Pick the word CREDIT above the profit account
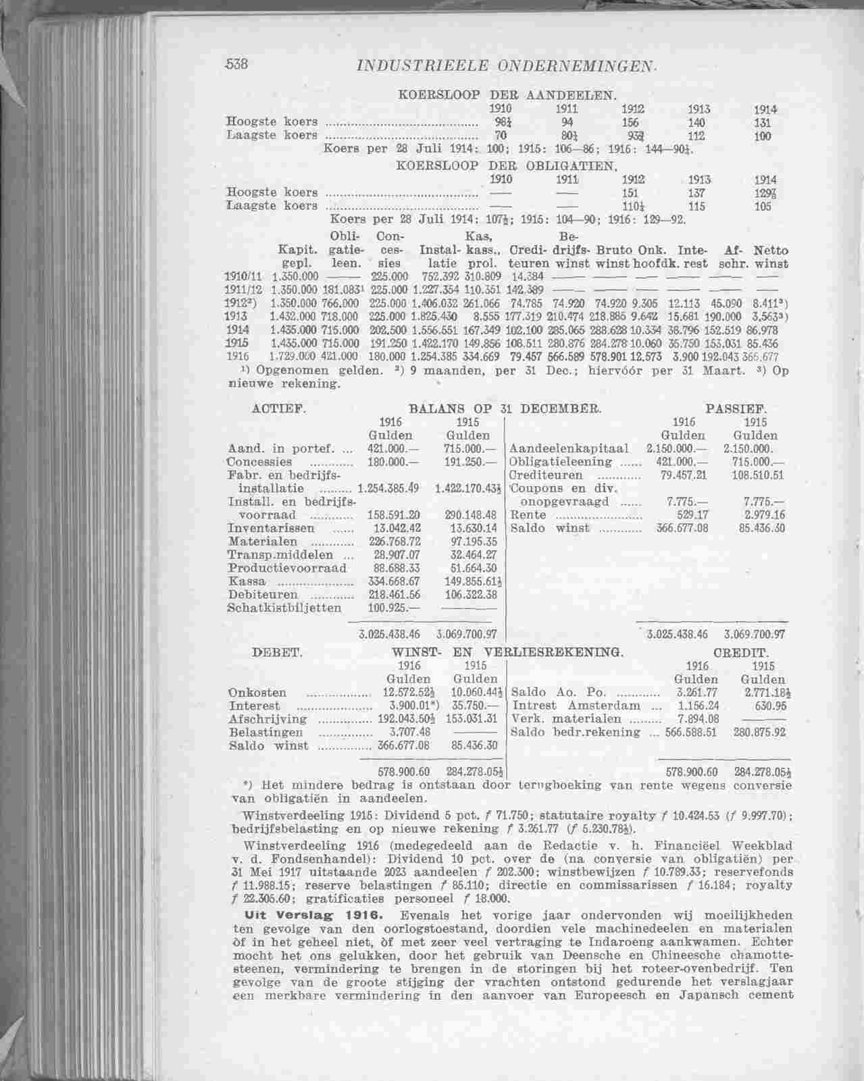coord(741,653)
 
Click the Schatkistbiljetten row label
coord(285,608)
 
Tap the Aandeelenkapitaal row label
coord(569,449)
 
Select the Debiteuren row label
coord(263,595)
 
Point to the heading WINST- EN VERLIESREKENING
coord(507,653)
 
